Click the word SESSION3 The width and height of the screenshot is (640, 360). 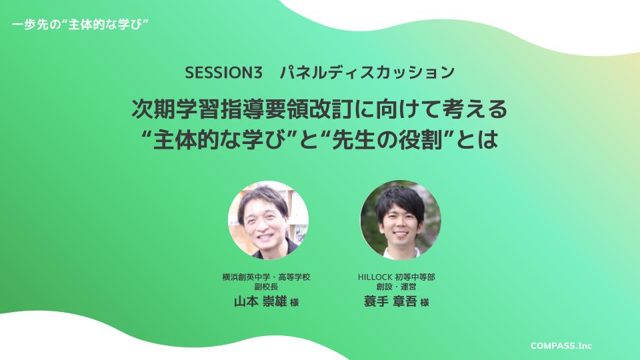pos(223,73)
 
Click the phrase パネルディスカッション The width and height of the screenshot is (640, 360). pos(367,73)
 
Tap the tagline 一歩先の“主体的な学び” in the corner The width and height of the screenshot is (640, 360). pos(80,25)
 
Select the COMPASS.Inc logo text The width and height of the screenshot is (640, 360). pos(561,346)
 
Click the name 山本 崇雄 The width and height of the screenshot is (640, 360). pos(260,301)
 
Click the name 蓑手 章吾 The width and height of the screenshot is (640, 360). pos(390,301)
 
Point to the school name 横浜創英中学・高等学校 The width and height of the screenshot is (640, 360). pos(266,277)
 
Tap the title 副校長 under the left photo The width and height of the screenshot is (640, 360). pos(266,287)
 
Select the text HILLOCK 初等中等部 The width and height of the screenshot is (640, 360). pos(396,277)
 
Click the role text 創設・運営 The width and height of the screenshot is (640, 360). pos(396,287)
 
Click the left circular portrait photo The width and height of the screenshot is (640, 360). pos(268,220)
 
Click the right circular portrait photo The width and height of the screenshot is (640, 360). pos(401,220)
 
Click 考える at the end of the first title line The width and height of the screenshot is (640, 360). pos(475,109)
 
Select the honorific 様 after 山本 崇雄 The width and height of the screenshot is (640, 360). pos(294,303)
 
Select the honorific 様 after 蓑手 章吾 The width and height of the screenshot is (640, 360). pos(425,303)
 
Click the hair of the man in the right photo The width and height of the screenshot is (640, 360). pos(398,200)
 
